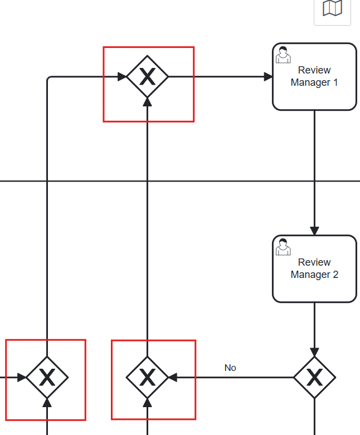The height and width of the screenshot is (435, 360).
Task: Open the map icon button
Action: coord(332,8)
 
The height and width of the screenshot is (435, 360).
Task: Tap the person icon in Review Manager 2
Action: coord(283,247)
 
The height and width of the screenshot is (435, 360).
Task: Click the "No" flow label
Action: coord(230,368)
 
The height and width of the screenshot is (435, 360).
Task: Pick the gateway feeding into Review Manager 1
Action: coord(147,77)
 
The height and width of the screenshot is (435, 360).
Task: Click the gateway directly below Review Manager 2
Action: coord(314,378)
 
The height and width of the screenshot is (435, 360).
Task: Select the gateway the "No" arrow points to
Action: coord(147,378)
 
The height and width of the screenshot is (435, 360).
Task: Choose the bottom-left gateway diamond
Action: coord(47,378)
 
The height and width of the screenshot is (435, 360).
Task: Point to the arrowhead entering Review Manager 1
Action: coord(268,77)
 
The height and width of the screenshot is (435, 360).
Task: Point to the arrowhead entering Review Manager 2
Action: coord(314,231)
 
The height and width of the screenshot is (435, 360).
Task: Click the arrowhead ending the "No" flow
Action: coord(173,378)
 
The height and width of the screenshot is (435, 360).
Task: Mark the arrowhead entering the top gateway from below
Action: coord(147,102)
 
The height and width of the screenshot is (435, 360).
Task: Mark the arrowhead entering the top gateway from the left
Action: coord(122,77)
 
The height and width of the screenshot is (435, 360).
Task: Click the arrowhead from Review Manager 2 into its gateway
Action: coord(314,352)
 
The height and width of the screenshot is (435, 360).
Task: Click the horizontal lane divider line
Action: coord(223,181)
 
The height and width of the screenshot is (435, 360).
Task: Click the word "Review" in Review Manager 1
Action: coord(314,70)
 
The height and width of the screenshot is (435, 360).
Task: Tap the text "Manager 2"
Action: coord(314,275)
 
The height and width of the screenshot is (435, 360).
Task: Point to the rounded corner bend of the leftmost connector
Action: coord(48,79)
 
